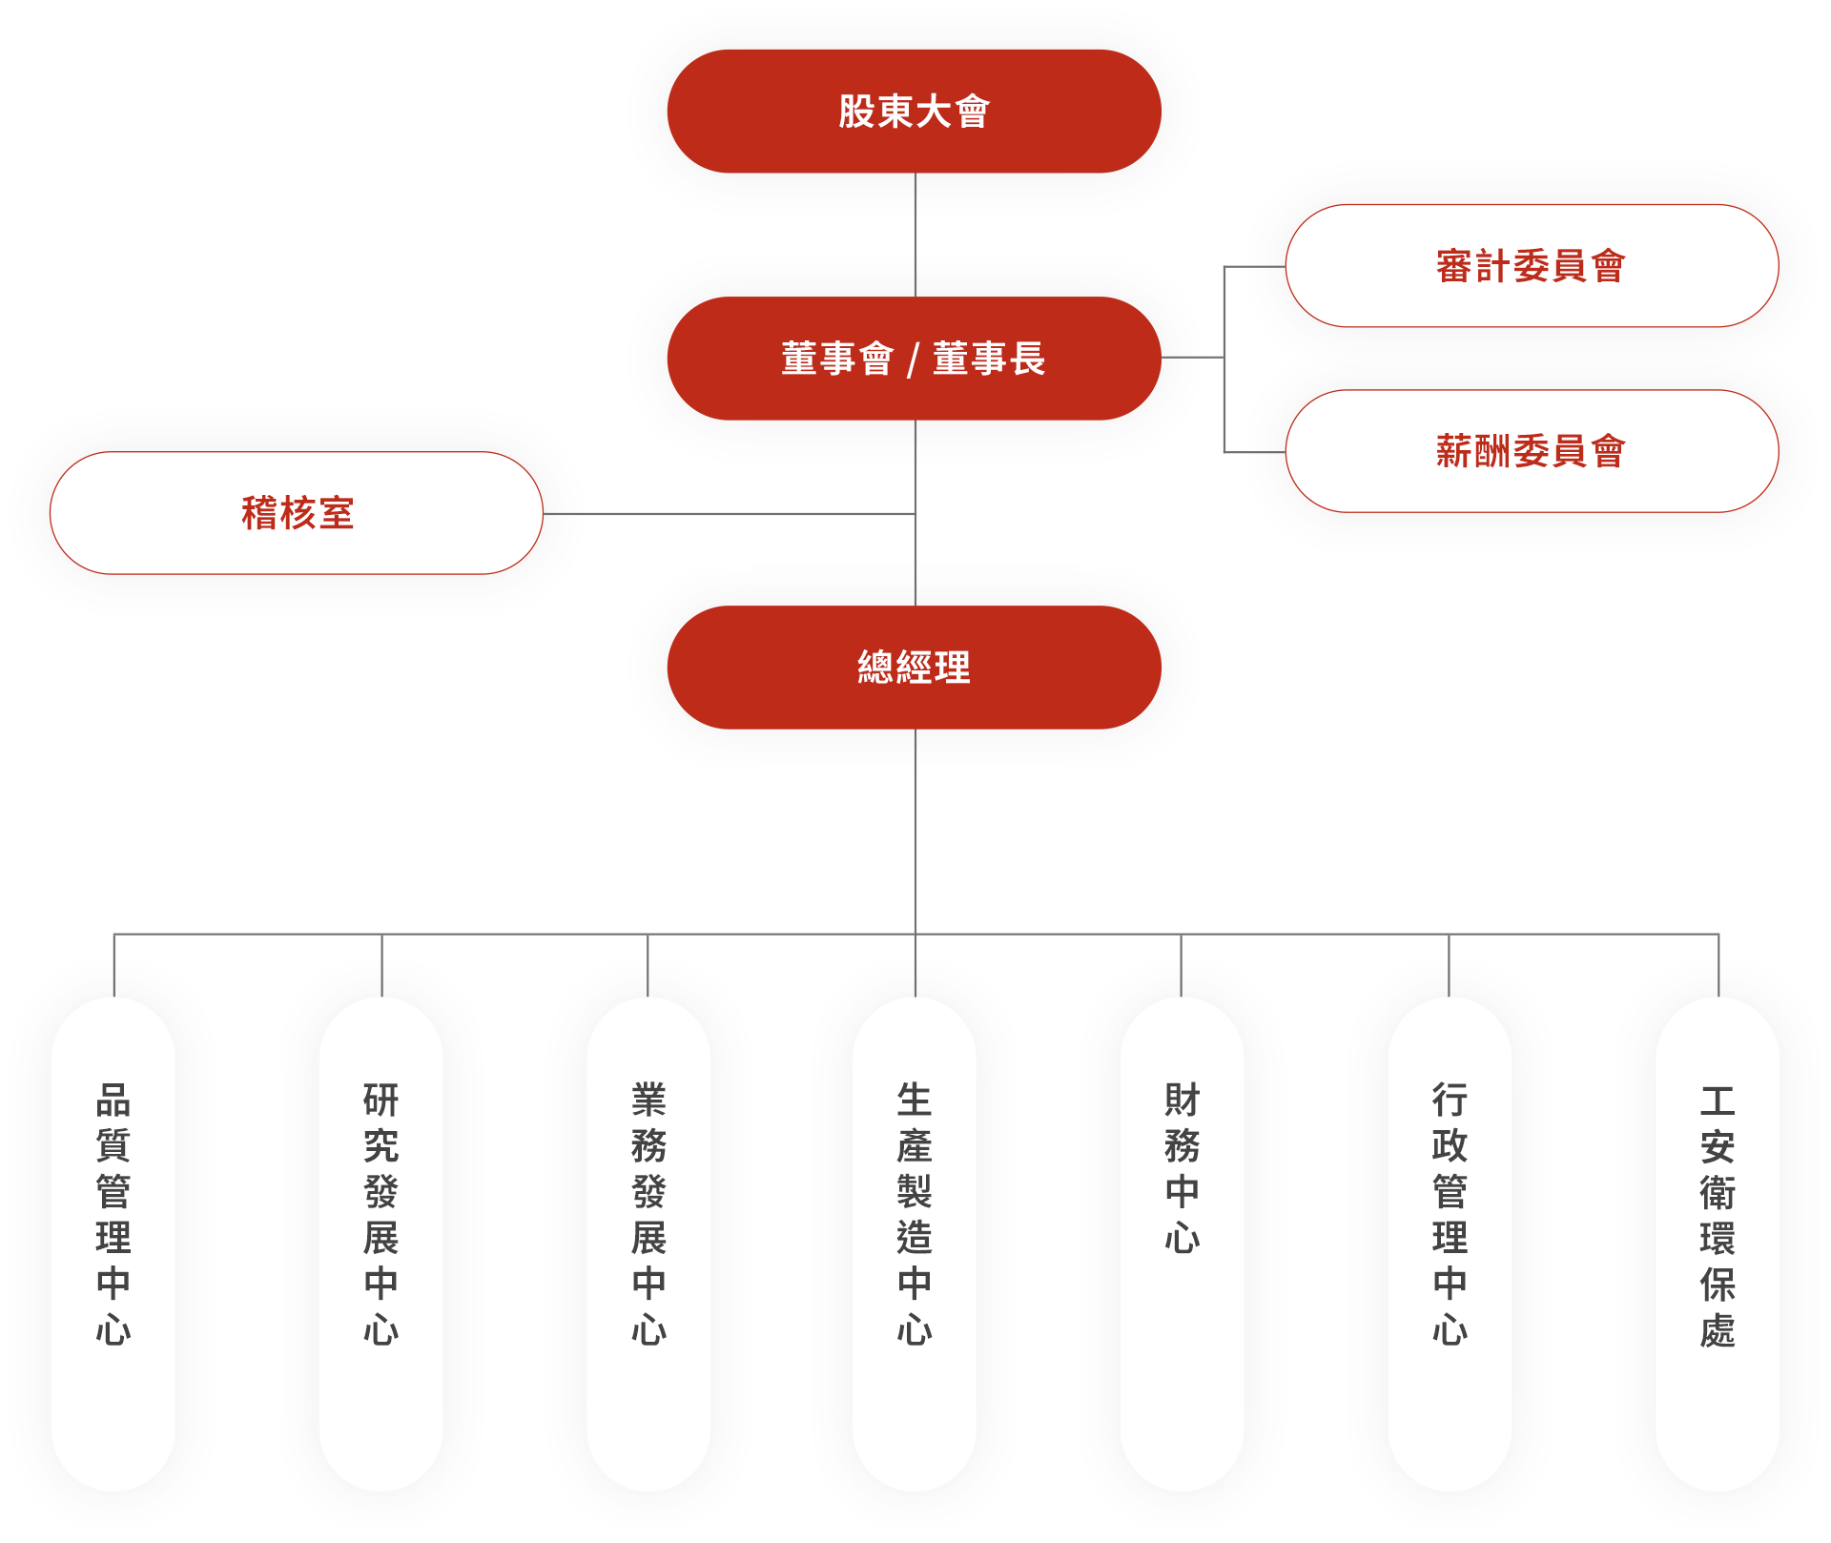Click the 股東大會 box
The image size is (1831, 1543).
coord(914,112)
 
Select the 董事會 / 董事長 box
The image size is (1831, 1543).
coord(914,359)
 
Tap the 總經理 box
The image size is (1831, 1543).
coord(914,668)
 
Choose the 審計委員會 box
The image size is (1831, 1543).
coord(1531,266)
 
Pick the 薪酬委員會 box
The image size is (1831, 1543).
coord(1531,451)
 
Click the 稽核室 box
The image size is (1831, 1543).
coord(297,513)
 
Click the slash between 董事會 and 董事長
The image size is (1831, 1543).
coord(913,360)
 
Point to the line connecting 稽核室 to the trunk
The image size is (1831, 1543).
coord(744,514)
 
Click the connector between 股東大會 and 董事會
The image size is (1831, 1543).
coord(915,234)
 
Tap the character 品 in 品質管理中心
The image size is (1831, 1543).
coord(113,1101)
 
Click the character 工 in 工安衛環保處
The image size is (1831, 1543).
coord(1718,1101)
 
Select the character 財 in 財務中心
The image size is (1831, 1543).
coord(1182,1101)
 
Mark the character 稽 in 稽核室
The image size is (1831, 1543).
coord(258,513)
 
